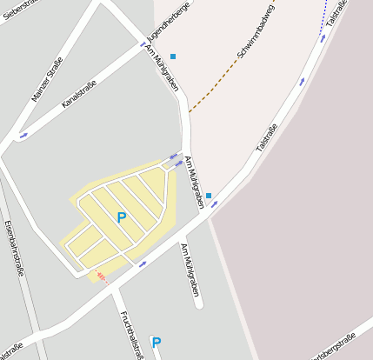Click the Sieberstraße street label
(x=22, y=10)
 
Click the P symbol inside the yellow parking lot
(x=121, y=217)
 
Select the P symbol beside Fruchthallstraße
(x=156, y=343)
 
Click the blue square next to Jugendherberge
(x=173, y=57)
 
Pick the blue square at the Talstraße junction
(x=209, y=196)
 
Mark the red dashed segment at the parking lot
(x=102, y=277)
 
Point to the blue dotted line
(x=326, y=22)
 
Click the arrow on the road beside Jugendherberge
(x=144, y=43)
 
